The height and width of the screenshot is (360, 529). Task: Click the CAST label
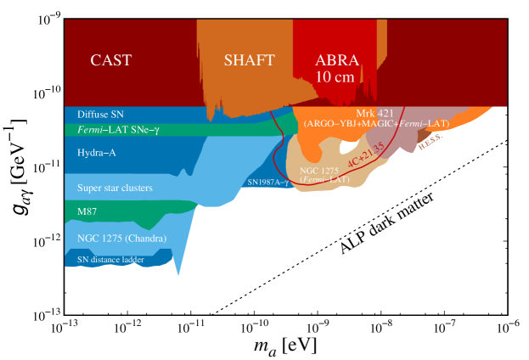coord(111,60)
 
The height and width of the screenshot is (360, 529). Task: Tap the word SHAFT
coord(249,60)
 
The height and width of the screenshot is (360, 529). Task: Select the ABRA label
coord(337,60)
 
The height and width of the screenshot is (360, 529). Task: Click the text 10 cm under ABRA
coord(335,76)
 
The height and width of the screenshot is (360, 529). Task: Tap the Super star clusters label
coord(115,187)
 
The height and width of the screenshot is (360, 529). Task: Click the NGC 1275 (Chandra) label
coord(121,238)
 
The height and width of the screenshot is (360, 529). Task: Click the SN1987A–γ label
coord(268,182)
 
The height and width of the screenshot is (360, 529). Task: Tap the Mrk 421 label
coord(374,113)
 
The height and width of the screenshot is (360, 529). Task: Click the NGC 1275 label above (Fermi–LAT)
coord(318,171)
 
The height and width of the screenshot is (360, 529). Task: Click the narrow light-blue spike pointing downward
coord(177,267)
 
